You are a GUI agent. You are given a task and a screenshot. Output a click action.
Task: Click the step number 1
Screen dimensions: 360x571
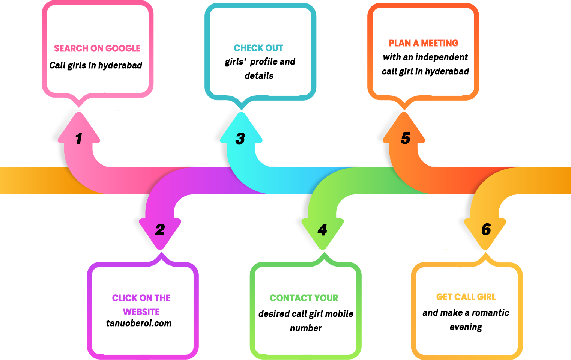pos(78,139)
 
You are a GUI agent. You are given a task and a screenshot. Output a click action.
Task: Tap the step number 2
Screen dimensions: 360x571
pos(160,230)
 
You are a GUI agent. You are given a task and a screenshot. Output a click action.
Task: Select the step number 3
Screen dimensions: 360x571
pos(240,139)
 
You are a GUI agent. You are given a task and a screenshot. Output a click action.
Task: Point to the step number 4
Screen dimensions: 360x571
pos(322,230)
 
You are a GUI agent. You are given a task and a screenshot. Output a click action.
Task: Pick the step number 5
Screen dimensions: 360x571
pos(406,138)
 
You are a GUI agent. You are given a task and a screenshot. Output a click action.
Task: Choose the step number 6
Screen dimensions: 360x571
pos(486,229)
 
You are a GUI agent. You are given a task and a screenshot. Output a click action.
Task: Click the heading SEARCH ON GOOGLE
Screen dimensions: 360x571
pos(97,48)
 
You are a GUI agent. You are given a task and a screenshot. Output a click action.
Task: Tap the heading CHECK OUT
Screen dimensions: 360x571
pos(258,48)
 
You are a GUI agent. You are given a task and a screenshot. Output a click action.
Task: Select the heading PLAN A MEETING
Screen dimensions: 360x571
pos(424,43)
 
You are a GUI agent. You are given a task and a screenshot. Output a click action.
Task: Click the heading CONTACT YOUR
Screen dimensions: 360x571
pos(304,298)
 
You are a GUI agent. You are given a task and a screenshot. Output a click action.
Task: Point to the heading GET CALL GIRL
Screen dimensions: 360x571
pos(466,297)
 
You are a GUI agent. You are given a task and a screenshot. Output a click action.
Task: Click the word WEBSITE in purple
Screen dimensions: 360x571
pos(141,312)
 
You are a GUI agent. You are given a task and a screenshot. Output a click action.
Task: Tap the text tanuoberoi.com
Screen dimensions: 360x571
pos(139,323)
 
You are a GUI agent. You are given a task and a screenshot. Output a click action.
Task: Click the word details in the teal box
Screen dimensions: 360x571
pos(259,76)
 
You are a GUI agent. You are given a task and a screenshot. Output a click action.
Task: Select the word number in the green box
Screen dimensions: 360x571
pos(306,328)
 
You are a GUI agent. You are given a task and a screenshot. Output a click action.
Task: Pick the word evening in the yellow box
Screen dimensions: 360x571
pos(466,327)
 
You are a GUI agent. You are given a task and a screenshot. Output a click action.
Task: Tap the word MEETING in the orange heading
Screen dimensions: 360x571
pos(440,43)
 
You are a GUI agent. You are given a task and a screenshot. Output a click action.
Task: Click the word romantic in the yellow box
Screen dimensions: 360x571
pos(490,313)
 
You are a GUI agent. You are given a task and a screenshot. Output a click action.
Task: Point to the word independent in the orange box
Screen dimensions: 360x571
pos(446,57)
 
